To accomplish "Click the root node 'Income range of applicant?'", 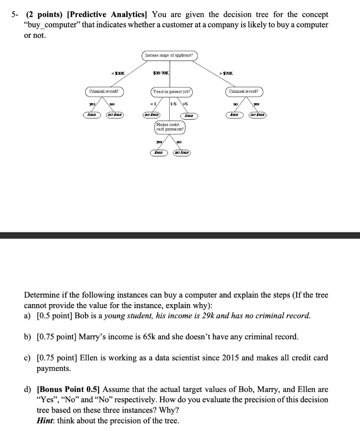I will (168, 56).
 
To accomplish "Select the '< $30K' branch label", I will (117, 73).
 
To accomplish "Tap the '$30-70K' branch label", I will (161, 73).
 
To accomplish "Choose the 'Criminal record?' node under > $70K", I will (244, 91).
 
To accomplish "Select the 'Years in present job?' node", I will (172, 91).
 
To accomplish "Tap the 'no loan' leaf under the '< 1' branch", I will (152, 114).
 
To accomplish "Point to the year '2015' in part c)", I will (228, 358).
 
